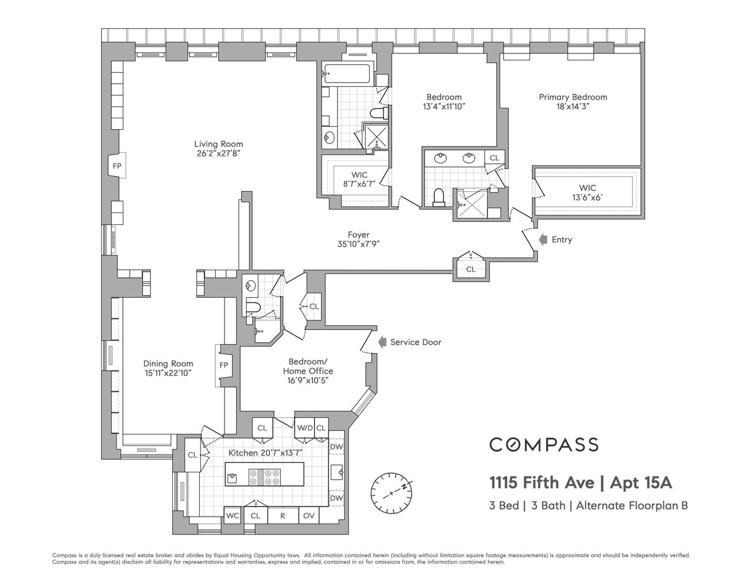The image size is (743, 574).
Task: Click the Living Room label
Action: tap(218, 144)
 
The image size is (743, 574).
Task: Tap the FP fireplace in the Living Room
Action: tap(117, 166)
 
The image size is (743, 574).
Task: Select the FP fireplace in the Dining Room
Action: tap(224, 365)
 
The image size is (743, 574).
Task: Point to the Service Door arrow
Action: tap(381, 342)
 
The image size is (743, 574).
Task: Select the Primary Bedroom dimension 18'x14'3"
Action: tap(572, 107)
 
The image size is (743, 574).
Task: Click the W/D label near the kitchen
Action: tap(304, 428)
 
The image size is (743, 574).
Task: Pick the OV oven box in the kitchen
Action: tap(309, 515)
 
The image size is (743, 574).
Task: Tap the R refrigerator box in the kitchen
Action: tap(283, 515)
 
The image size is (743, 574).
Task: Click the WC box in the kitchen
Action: tap(233, 515)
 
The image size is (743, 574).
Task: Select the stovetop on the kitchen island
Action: tap(264, 478)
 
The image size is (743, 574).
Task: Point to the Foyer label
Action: tap(358, 235)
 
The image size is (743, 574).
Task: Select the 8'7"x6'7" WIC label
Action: tap(359, 184)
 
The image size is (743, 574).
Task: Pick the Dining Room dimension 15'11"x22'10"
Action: tap(168, 373)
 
